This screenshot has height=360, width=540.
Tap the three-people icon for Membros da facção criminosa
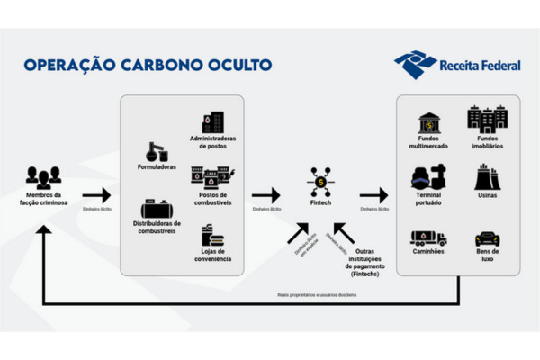tap(43, 176)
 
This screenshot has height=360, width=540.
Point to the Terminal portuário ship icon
tap(427, 177)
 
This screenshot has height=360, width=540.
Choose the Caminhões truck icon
tap(427, 238)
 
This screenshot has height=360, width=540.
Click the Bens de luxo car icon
tap(487, 238)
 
